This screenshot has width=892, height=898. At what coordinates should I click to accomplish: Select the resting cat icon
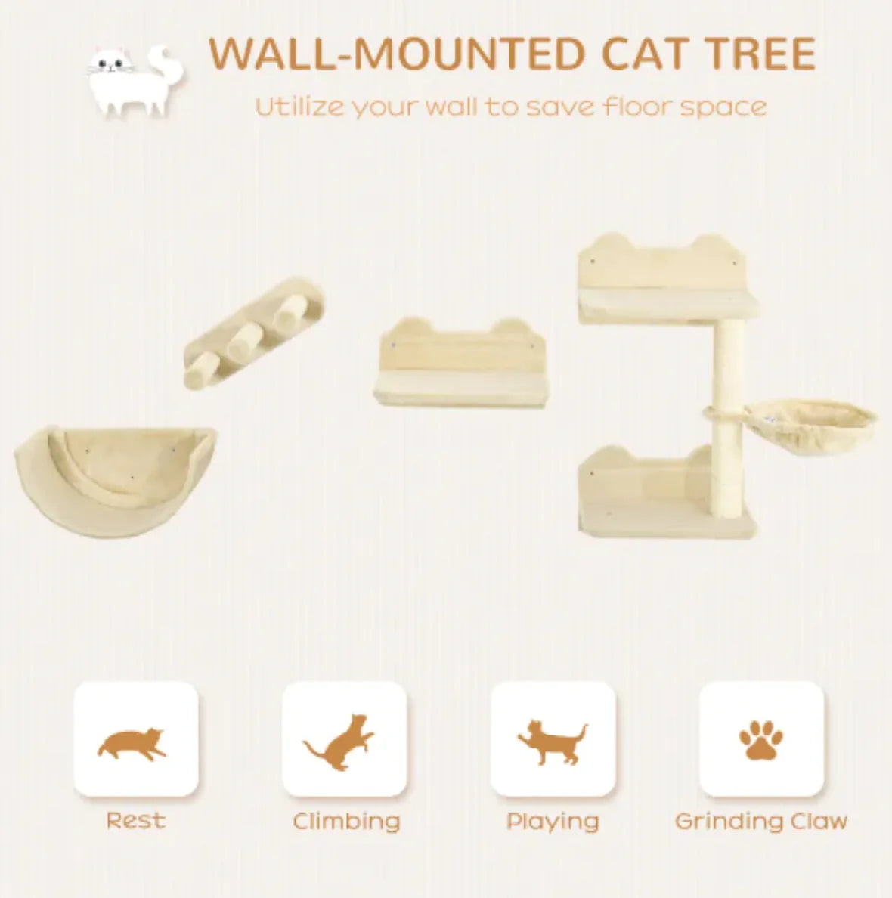tap(132, 744)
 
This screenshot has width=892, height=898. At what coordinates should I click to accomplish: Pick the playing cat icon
tap(551, 742)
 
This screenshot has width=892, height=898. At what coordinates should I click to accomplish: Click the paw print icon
tap(760, 740)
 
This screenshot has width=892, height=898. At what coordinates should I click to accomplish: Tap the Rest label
tap(135, 820)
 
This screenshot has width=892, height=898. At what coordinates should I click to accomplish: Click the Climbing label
tap(346, 822)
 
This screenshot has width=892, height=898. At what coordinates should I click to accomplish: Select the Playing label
tap(553, 822)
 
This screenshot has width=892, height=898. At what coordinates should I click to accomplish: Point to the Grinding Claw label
tap(761, 821)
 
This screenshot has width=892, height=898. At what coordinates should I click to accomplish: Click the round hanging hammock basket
tap(810, 424)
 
